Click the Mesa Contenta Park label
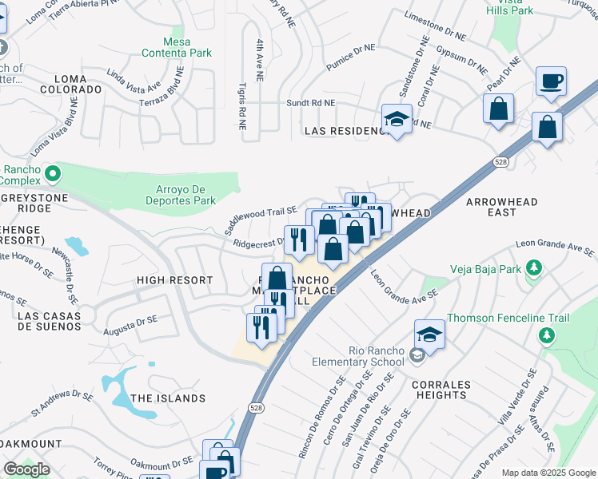pyautogui.click(x=176, y=46)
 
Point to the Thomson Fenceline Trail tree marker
pyautogui.click(x=547, y=336)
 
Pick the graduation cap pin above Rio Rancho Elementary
pyautogui.click(x=429, y=334)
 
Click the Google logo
pyautogui.click(x=26, y=469)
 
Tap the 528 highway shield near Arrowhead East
pyautogui.click(x=500, y=162)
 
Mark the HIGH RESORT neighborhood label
pyautogui.click(x=174, y=280)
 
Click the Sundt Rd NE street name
pyautogui.click(x=311, y=104)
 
